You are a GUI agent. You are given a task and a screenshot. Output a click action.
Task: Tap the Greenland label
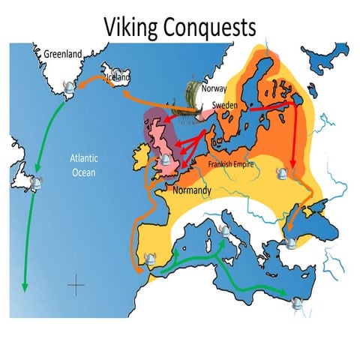59,54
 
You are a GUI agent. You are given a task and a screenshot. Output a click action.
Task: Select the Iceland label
118,76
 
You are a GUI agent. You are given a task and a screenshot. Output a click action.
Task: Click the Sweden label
224,106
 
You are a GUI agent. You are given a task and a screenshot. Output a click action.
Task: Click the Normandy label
192,190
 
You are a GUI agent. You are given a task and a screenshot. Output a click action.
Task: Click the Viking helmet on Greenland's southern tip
70,88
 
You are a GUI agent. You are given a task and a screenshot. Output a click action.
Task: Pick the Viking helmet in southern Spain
152,259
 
